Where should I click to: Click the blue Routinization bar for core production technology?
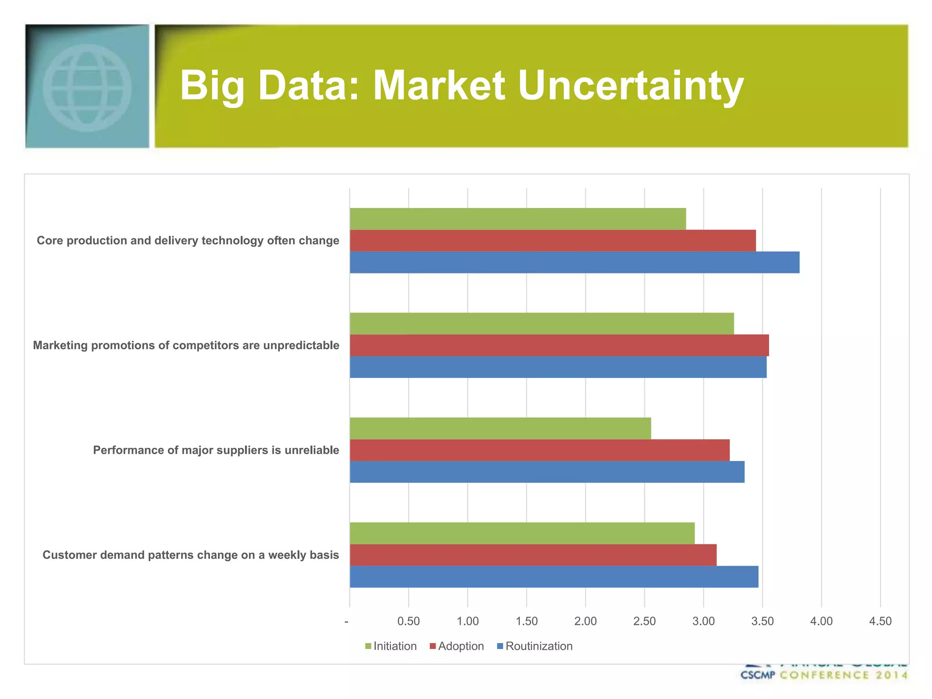(574, 262)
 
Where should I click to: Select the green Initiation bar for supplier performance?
(500, 428)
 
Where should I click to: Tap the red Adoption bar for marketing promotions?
(559, 345)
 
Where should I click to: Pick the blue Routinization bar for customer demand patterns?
(554, 577)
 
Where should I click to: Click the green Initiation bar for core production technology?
(517, 219)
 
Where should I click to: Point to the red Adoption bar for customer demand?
(533, 555)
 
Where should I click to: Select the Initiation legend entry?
(391, 646)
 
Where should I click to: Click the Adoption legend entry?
(457, 646)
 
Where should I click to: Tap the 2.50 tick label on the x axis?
(644, 621)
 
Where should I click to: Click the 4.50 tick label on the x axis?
(880, 621)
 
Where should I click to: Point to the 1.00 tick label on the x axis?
(467, 621)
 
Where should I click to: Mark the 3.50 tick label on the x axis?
(762, 621)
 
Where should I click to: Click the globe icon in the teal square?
(87, 87)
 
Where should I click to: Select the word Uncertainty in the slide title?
(630, 86)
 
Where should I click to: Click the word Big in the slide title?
(212, 86)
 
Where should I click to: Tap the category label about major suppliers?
(216, 450)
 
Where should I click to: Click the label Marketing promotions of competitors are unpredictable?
(186, 345)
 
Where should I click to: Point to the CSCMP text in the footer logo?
(757, 675)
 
